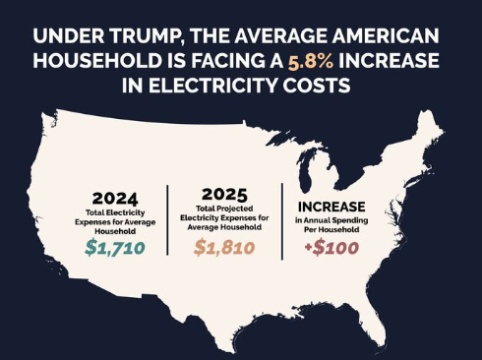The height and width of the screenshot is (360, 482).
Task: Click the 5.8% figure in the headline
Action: (x=311, y=61)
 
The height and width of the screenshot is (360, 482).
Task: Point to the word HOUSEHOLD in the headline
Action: (x=97, y=61)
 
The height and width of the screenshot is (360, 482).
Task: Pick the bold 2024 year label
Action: (x=115, y=199)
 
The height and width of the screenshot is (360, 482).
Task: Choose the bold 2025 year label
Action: (x=224, y=195)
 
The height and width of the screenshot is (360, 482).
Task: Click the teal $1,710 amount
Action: (x=115, y=248)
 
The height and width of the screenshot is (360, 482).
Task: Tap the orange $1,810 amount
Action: (x=224, y=248)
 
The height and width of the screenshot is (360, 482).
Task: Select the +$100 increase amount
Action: (x=331, y=248)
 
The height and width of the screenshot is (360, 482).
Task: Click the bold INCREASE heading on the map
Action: (x=331, y=207)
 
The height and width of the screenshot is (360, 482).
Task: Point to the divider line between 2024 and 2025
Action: (x=167, y=220)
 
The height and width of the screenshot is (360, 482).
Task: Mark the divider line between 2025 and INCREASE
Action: (x=282, y=221)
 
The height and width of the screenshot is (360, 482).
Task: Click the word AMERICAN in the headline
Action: (x=386, y=36)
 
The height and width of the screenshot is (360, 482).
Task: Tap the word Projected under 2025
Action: (x=235, y=209)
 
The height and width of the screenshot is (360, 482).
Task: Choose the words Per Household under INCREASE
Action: (x=331, y=229)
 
